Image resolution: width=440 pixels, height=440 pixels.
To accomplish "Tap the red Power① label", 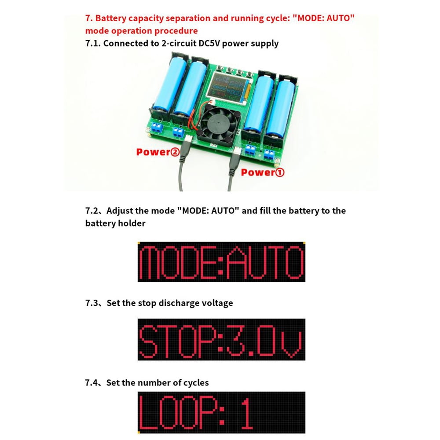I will click(x=263, y=172).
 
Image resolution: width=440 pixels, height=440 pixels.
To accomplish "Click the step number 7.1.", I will click(x=93, y=43).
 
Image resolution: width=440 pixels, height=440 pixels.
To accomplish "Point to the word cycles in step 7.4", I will click(x=194, y=382).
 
